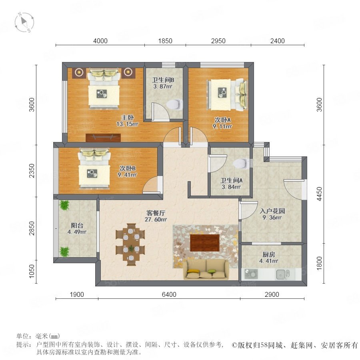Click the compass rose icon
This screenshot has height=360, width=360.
click(24, 22)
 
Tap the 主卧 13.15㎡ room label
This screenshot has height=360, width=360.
click(128, 121)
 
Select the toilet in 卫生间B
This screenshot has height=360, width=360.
click(174, 104)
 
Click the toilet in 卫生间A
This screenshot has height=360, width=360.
click(240, 164)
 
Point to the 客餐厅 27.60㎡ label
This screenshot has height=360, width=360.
click(156, 216)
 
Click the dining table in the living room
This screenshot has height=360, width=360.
click(130, 244)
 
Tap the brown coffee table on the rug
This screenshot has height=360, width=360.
click(205, 243)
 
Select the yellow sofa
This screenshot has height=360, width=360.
click(206, 269)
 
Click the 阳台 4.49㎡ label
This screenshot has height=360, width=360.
click(77, 229)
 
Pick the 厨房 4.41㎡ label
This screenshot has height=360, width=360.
click(269, 258)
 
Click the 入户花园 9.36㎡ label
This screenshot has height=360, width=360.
click(272, 214)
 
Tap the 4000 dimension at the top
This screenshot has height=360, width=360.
click(100, 41)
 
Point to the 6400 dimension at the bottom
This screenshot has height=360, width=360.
click(169, 294)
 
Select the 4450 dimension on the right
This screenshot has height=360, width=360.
click(319, 194)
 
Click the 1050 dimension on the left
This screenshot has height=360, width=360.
click(32, 271)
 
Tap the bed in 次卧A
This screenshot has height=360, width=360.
click(227, 94)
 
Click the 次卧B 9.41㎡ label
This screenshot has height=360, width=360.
click(127, 172)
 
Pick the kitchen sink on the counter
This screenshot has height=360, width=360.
click(283, 274)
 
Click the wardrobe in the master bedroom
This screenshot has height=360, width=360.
click(103, 138)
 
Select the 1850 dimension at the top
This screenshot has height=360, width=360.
click(165, 41)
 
